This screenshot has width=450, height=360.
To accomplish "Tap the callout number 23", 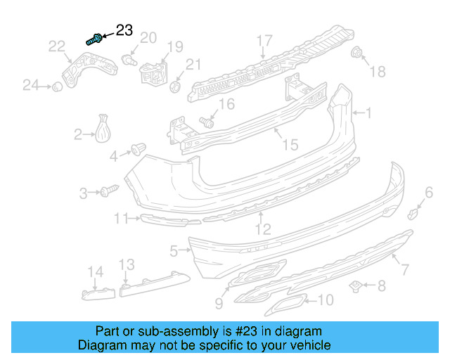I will (124, 30).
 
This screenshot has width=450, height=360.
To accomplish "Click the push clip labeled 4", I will (137, 149).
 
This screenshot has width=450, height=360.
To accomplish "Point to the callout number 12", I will (262, 229).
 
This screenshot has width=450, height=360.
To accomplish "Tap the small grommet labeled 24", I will (53, 86).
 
